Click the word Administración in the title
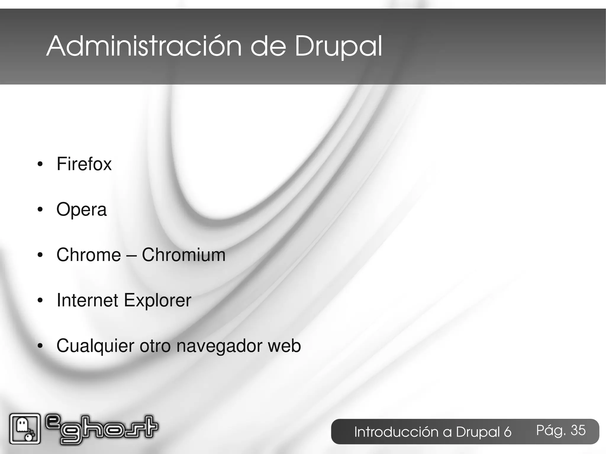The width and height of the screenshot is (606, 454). click(x=144, y=46)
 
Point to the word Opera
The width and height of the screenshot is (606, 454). click(x=81, y=210)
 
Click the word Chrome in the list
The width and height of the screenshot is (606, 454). click(x=88, y=255)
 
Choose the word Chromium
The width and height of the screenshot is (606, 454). click(x=183, y=255)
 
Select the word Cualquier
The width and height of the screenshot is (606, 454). click(x=95, y=346)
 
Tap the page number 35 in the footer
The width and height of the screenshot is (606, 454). click(x=578, y=430)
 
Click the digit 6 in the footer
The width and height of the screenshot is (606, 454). click(x=507, y=432)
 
